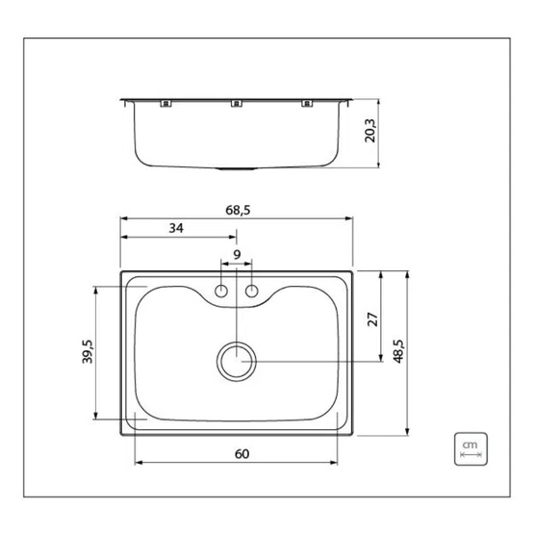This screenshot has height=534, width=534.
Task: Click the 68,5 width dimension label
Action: click(x=238, y=210)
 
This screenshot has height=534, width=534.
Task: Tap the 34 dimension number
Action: click(x=176, y=228)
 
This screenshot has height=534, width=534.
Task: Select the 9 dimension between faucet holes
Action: click(x=237, y=254)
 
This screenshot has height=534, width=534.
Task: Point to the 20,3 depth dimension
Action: click(x=369, y=131)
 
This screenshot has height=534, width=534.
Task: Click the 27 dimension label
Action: click(x=373, y=319)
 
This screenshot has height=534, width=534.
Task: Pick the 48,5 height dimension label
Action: click(x=398, y=351)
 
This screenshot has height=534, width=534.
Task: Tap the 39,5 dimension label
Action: click(x=88, y=352)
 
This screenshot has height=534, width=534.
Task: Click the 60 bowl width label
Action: click(x=242, y=454)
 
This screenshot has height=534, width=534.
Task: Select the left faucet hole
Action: click(x=221, y=292)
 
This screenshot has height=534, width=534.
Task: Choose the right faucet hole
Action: click(x=252, y=292)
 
